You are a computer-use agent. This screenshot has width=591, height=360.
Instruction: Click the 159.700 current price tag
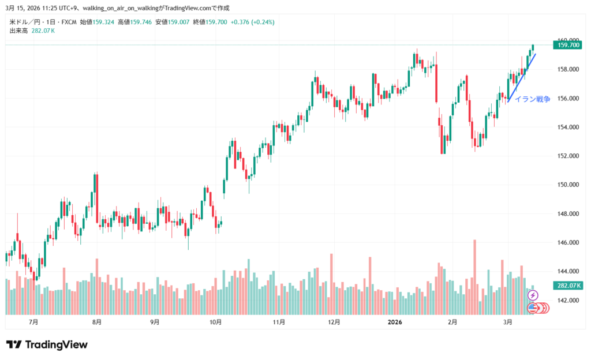coord(566,44)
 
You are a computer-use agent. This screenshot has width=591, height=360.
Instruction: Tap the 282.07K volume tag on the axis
coord(566,286)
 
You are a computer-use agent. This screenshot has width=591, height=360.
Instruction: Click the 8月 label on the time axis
coord(97,321)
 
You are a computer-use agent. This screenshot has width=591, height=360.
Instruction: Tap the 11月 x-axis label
coord(279,321)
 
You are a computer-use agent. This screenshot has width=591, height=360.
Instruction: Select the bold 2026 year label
coord(395,321)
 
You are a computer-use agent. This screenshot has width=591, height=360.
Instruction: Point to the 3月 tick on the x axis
coord(507,321)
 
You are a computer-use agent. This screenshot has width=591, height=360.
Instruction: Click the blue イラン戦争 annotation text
coord(532,99)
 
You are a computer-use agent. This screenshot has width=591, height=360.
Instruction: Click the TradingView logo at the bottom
coord(47,345)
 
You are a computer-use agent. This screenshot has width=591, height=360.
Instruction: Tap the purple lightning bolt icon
coord(533,295)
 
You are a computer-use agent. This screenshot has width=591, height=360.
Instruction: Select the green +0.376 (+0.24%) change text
coord(252,22)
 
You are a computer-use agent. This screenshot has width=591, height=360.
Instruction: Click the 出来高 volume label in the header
coord(19,31)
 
